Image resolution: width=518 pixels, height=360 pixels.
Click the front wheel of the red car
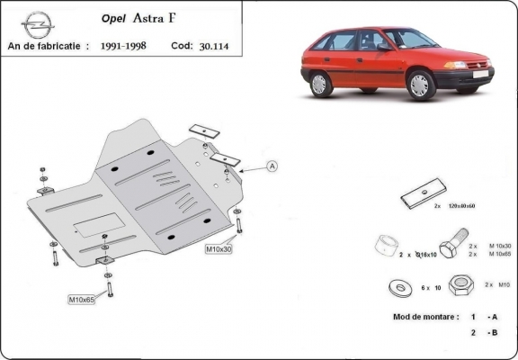click(x=419, y=85)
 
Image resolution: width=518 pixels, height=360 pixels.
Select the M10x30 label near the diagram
click(x=219, y=248)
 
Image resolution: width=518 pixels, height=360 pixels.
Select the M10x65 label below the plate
click(x=83, y=298)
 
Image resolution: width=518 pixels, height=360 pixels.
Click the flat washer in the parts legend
click(x=396, y=286)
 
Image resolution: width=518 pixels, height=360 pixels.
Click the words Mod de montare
click(x=423, y=317)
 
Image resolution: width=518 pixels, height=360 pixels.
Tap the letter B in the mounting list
click(x=493, y=333)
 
